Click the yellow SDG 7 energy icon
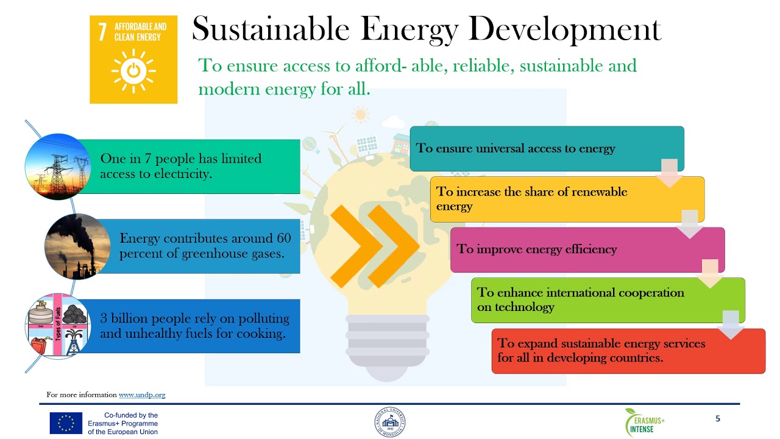point(133,60)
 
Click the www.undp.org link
point(142,395)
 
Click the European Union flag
point(66,423)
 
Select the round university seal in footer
point(390,423)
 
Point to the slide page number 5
point(718,419)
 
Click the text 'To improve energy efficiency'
point(537,249)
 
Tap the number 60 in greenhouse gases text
point(283,238)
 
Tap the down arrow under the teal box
point(669,173)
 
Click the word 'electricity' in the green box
point(180,174)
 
